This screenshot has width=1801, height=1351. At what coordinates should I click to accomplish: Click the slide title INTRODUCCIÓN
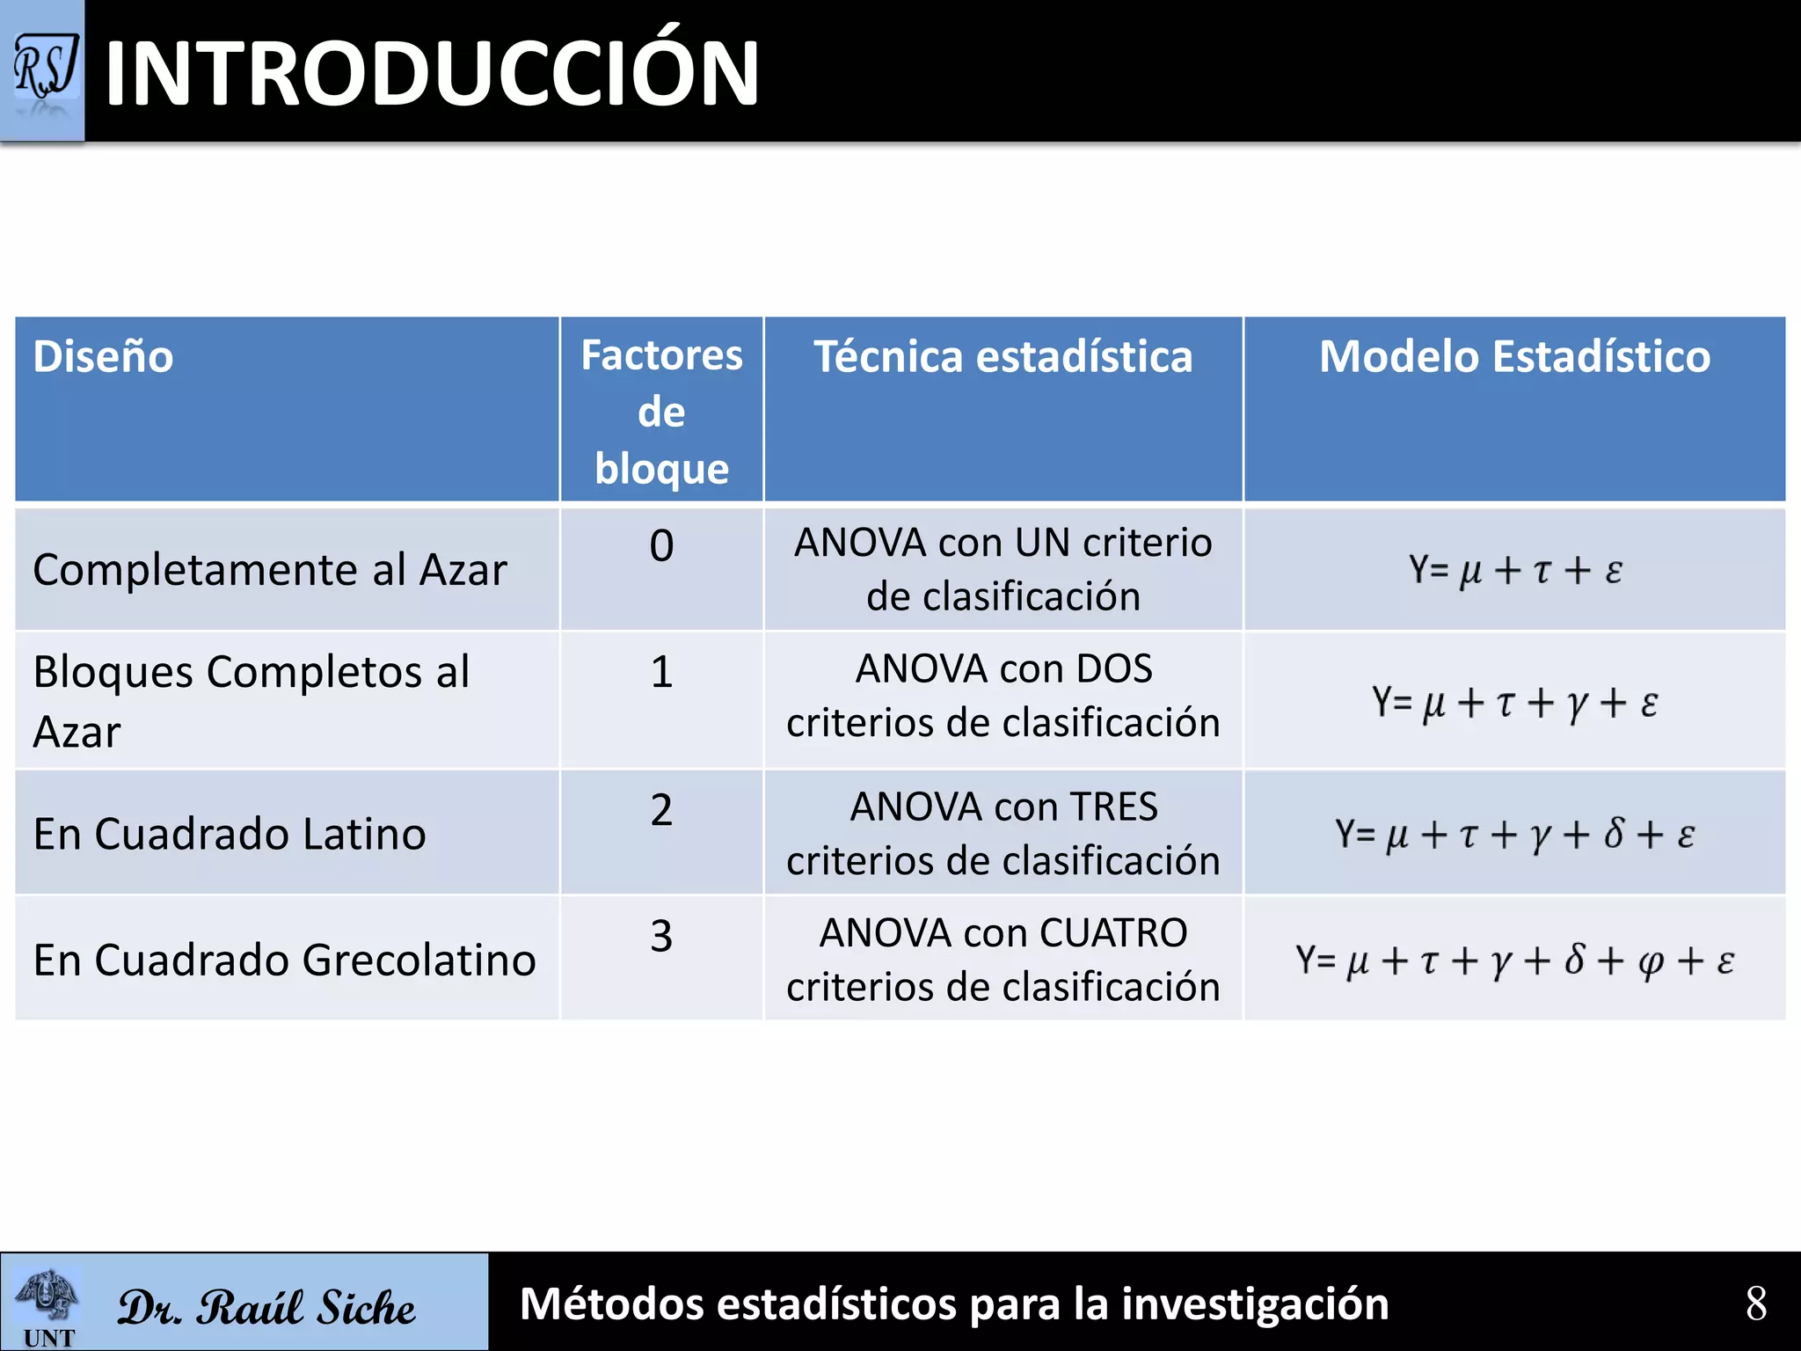click(x=432, y=74)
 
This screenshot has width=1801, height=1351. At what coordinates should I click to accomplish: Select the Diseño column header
click(x=103, y=357)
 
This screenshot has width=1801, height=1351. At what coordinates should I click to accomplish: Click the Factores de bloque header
click(x=661, y=411)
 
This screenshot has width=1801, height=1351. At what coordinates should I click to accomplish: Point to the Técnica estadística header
click(x=1003, y=357)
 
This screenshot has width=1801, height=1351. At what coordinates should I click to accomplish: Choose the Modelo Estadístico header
click(x=1514, y=357)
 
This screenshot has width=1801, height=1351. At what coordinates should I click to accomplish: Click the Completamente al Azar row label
click(x=270, y=570)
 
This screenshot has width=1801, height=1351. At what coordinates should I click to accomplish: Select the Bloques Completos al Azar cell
click(x=252, y=701)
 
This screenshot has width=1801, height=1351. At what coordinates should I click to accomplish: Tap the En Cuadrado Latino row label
click(x=230, y=834)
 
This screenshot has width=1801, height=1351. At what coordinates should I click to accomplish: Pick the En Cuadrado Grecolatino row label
click(x=284, y=960)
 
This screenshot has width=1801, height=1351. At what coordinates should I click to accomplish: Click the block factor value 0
click(x=661, y=545)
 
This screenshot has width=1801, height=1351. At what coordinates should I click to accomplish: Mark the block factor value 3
click(x=661, y=935)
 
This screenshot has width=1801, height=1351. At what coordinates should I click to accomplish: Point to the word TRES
click(x=1113, y=807)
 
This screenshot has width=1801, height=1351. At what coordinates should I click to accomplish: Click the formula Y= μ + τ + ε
click(x=1514, y=570)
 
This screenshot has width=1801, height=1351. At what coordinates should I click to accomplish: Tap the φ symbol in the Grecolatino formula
click(x=1651, y=961)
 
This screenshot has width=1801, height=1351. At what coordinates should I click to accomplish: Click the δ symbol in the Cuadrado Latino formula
click(x=1613, y=834)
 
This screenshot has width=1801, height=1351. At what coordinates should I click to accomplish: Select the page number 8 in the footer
click(x=1755, y=1304)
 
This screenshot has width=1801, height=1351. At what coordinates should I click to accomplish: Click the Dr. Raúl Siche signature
click(x=266, y=1307)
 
